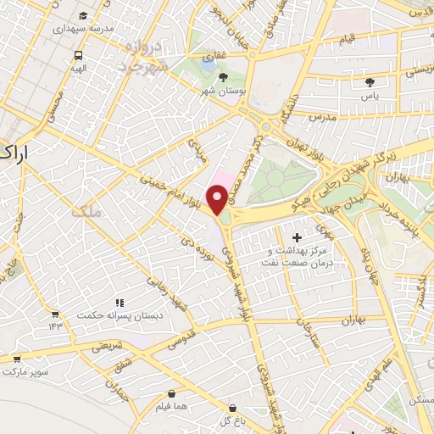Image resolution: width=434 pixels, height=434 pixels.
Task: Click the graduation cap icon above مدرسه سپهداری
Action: click(81, 16)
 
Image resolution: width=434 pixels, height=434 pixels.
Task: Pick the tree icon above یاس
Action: click(370, 82)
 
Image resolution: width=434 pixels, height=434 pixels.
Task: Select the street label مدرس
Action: click(323, 116)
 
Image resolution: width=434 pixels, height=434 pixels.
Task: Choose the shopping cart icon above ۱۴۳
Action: click(55, 314)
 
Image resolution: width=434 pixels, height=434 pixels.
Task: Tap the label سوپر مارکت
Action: click(26, 372)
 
